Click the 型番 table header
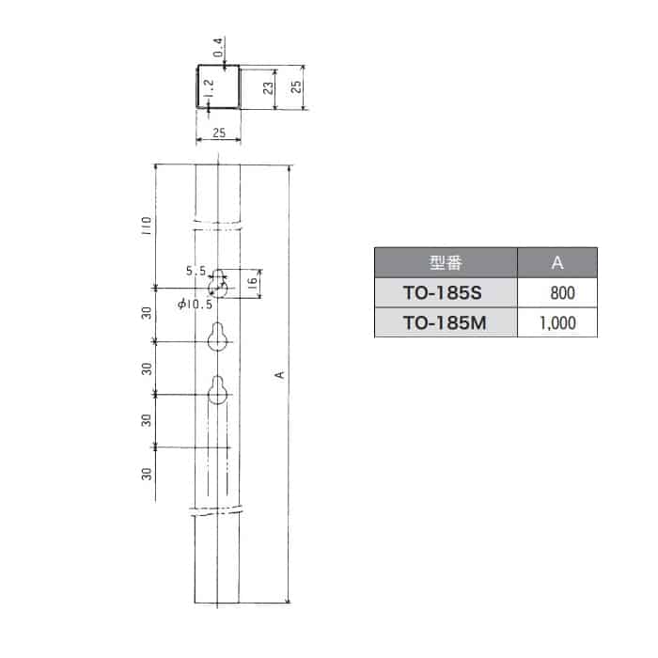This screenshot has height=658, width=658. click(446, 262)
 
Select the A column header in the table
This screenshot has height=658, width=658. click(557, 262)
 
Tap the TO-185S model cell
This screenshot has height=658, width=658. click(443, 293)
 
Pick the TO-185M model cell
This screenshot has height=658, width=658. click(445, 322)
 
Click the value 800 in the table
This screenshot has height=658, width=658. click(562, 293)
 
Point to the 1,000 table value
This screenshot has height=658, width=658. click(557, 323)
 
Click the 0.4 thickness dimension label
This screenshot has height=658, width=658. click(218, 47)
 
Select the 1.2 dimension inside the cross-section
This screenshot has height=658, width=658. click(209, 88)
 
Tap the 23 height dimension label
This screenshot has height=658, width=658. click(268, 87)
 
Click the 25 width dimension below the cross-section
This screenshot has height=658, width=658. click(219, 133)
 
